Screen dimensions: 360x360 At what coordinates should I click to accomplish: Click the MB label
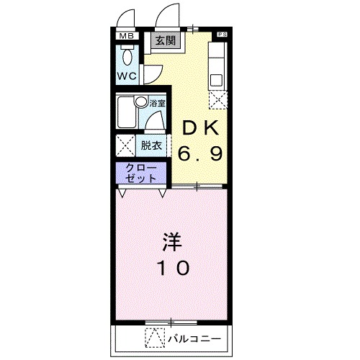point(127,36)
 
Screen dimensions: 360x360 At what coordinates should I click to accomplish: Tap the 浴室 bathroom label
point(158,103)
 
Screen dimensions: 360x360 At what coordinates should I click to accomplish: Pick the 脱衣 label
point(151,145)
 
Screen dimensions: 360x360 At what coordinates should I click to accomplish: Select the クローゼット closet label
point(140,173)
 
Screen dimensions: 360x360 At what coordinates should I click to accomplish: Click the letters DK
point(200,128)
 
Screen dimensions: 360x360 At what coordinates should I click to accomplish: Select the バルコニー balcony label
point(195,337)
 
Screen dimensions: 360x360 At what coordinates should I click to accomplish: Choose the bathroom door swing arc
point(153,123)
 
